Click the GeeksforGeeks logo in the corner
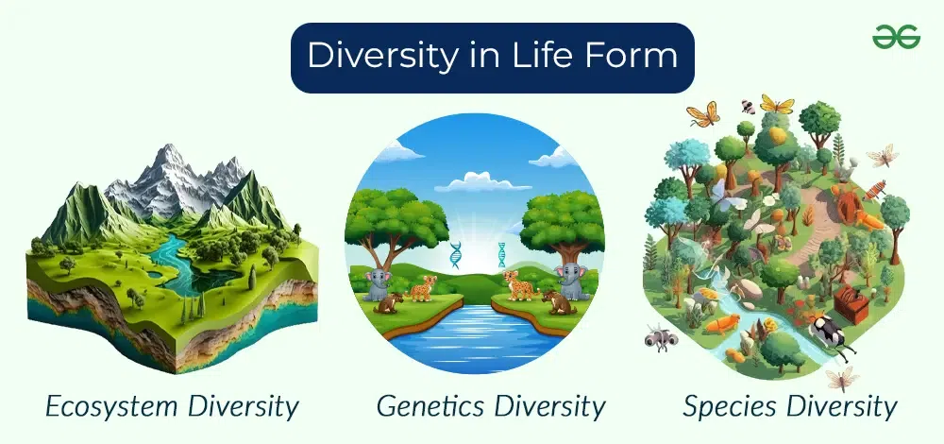pos(896,37)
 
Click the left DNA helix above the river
pos(455,254)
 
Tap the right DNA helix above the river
pos(501,254)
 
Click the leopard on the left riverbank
pos(424,288)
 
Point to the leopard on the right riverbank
pos(520,285)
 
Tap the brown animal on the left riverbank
pos(388,302)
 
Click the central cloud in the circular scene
pos(482,182)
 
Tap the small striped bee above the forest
pos(749,107)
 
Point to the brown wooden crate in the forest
pos(851,302)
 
